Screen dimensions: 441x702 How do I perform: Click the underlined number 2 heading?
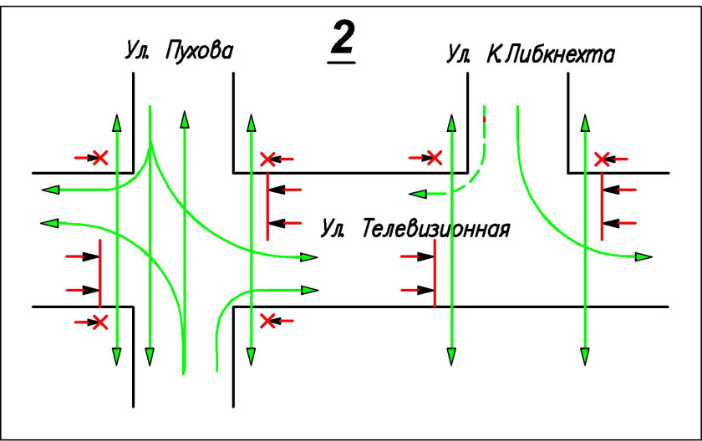pyautogui.click(x=342, y=43)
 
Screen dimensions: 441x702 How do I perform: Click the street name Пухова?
pyautogui.click(x=200, y=52)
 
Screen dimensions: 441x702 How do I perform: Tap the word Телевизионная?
pyautogui.click(x=435, y=228)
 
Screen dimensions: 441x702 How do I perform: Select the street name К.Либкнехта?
pyautogui.click(x=551, y=55)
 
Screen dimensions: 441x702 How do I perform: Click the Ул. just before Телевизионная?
pyautogui.click(x=334, y=228)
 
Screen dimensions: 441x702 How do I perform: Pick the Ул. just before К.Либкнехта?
pyautogui.click(x=459, y=55)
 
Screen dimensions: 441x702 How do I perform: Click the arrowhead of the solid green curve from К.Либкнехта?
pyautogui.click(x=644, y=255)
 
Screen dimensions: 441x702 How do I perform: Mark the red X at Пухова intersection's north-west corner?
pyautogui.click(x=100, y=157)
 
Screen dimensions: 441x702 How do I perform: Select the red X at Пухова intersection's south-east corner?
pyautogui.click(x=267, y=321)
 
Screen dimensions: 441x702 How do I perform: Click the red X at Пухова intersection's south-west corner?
pyautogui.click(x=100, y=321)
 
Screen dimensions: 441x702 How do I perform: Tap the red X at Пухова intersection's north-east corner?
pyautogui.click(x=267, y=158)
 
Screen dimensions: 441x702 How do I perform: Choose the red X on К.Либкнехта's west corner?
pyautogui.click(x=434, y=157)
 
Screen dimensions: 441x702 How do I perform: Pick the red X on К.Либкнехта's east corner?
pyautogui.click(x=601, y=158)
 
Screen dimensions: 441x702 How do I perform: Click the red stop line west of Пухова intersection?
pyautogui.click(x=100, y=272)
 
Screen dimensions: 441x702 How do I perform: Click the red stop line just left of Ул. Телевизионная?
pyautogui.click(x=267, y=206)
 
